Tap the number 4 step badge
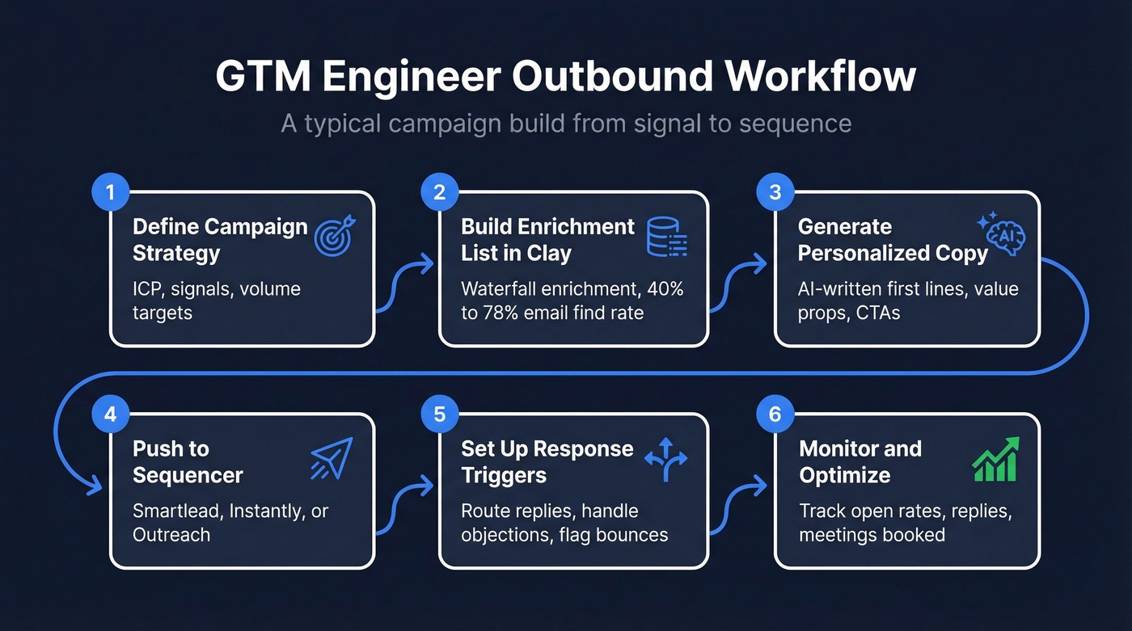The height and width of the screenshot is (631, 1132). [x=112, y=414]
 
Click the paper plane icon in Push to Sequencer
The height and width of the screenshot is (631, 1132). [x=332, y=459]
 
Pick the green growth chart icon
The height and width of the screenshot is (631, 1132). [x=995, y=460]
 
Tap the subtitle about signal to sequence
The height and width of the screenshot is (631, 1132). [x=566, y=124]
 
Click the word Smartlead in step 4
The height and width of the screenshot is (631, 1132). [x=179, y=511]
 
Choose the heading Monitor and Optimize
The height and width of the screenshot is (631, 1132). [x=860, y=461]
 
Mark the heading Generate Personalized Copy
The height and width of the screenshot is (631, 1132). [x=893, y=240]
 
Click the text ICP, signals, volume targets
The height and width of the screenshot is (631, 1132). [x=216, y=301]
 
